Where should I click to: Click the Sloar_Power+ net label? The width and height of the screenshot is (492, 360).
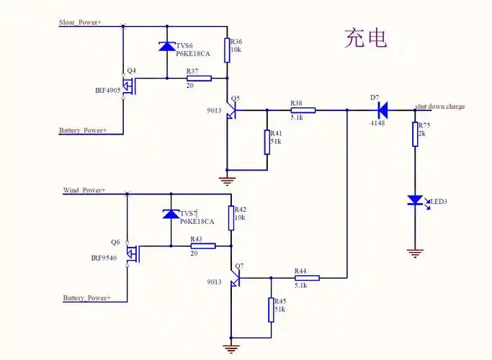pos(80,23)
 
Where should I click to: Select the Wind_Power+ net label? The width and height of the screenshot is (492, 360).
pos(84,191)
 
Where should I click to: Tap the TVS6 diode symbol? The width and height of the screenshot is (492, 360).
pos(167,47)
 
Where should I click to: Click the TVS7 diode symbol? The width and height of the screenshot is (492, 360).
pos(171,214)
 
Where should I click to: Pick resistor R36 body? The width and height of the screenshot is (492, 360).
pos(228,50)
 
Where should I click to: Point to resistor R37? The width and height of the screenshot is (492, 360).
pos(198,78)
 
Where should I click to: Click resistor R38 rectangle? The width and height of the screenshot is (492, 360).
pos(303,110)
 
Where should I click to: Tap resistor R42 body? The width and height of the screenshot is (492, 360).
pos(231,217)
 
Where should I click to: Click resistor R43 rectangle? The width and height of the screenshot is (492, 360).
pos(202,246)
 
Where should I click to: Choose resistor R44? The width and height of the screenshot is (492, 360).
pos(307,277)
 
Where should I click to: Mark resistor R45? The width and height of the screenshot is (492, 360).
pos(272,309)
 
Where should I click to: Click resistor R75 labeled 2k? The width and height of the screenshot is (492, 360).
pos(415,134)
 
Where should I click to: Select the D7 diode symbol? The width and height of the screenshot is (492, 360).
pos(382,110)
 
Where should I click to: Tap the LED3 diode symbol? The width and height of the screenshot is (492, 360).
pos(416,200)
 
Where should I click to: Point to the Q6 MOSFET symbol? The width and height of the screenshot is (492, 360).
pos(133,254)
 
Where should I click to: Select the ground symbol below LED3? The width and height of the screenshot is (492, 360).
pos(414,253)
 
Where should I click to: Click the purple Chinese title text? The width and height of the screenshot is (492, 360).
pos(365,37)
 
